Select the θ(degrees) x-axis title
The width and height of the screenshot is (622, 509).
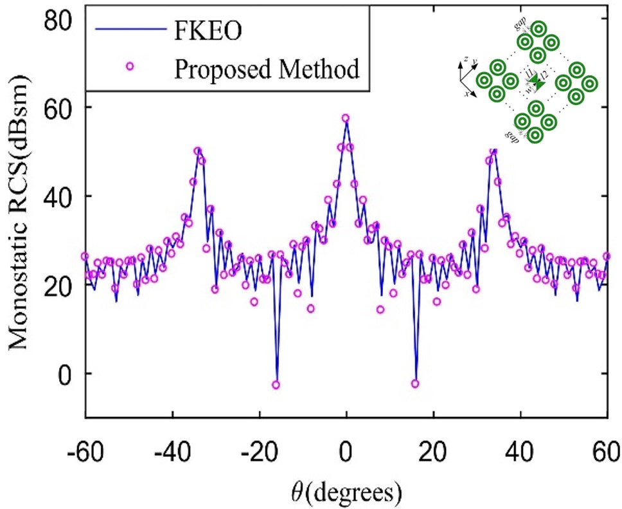click(x=346, y=491)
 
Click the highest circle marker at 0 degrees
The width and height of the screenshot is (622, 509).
click(x=346, y=118)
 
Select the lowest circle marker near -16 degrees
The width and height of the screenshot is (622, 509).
click(x=276, y=385)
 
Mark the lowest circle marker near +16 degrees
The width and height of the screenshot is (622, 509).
click(x=415, y=384)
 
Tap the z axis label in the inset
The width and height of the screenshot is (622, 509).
click(x=465, y=60)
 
